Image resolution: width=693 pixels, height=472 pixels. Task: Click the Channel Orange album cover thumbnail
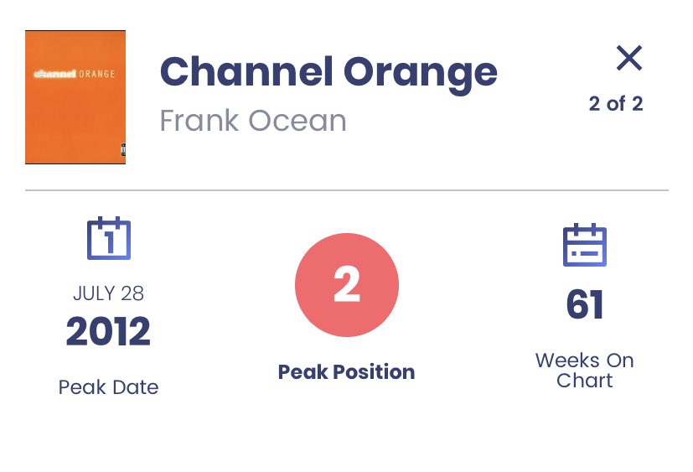tap(75, 97)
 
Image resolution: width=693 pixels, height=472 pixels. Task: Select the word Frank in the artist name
tap(201, 121)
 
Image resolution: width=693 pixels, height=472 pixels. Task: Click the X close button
tap(628, 58)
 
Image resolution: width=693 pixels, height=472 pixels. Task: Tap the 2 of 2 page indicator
tap(616, 105)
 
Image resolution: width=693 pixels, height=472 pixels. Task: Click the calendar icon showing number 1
tap(109, 239)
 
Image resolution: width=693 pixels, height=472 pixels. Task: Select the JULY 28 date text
tap(108, 293)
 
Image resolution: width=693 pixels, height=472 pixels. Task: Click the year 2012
tap(108, 333)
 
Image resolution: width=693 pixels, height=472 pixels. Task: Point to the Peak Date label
tap(108, 387)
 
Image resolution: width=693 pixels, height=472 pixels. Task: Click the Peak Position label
tap(346, 372)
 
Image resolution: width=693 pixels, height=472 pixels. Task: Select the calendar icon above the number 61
tap(584, 244)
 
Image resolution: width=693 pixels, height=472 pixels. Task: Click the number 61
tap(584, 305)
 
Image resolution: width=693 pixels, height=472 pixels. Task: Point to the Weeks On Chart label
tap(584, 371)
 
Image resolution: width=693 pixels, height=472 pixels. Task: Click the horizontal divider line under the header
tap(346, 191)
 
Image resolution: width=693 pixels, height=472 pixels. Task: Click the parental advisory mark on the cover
tap(122, 150)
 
